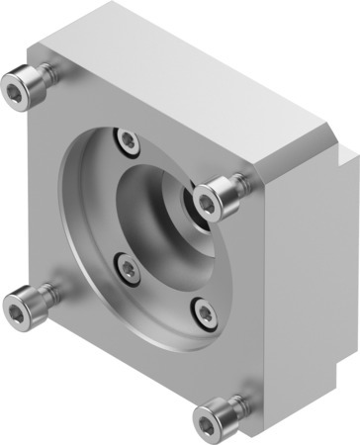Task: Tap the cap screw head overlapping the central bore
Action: pos(207,202)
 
